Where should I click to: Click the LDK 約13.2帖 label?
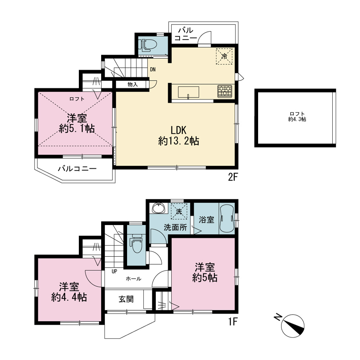pos(179,136)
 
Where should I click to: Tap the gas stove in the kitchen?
pos(225,91)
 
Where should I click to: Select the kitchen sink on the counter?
pos(189,92)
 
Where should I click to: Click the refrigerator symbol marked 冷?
pos(224,57)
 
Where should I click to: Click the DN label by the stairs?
pos(153,69)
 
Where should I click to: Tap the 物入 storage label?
pos(133,85)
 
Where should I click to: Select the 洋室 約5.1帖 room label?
pos(77,123)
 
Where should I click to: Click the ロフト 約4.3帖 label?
pos(297,116)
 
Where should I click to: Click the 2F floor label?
pos(232,177)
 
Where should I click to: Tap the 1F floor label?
pos(232,321)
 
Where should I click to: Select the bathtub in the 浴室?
pos(227,219)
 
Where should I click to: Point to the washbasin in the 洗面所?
pos(159,208)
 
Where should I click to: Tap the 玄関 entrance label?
pos(126,299)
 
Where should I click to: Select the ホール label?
pos(134,279)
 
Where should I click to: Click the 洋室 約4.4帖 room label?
pos(69,292)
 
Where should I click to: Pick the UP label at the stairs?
pos(114,271)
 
